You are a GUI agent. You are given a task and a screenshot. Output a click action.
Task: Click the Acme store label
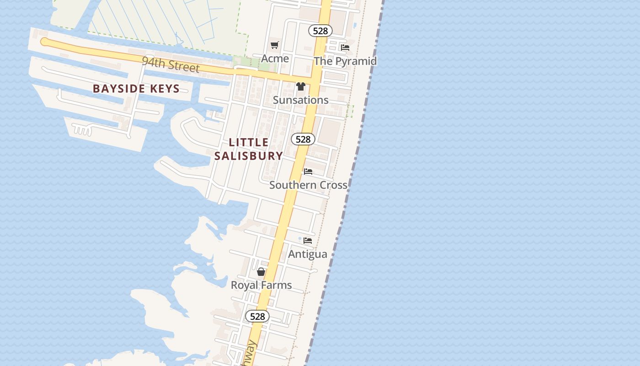point(275,59)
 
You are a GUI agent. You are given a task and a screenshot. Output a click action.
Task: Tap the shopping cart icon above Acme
point(274,45)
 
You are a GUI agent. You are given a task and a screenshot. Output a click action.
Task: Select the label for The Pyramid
point(345,61)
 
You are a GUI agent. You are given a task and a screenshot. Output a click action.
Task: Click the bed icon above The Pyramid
point(345,47)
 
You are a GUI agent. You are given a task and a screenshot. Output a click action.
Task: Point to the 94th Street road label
point(171,65)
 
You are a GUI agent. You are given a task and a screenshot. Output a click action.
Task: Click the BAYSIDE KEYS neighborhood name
point(136,88)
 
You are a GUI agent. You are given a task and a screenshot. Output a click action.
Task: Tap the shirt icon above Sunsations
point(300,86)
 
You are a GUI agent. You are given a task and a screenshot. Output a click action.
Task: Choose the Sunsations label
point(300,100)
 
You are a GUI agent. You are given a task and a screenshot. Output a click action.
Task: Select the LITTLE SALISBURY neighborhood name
point(249,149)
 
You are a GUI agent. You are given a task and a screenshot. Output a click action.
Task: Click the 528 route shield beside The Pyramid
point(320,31)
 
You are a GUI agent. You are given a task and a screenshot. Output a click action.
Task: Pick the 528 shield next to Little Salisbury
point(303,139)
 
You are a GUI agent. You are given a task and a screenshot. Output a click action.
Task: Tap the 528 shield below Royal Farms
point(257,316)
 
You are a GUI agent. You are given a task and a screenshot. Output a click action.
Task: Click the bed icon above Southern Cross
point(308,172)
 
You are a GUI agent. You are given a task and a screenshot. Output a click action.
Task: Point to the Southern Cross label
point(308,185)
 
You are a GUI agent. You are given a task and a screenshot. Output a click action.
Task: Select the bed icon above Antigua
point(308,240)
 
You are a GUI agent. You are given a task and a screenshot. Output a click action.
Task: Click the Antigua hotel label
point(308,254)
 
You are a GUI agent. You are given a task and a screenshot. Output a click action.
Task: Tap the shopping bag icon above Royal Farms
point(261,272)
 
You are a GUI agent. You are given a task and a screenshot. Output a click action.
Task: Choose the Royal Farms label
point(261,285)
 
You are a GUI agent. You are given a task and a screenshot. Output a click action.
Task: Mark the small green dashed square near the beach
point(350,111)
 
